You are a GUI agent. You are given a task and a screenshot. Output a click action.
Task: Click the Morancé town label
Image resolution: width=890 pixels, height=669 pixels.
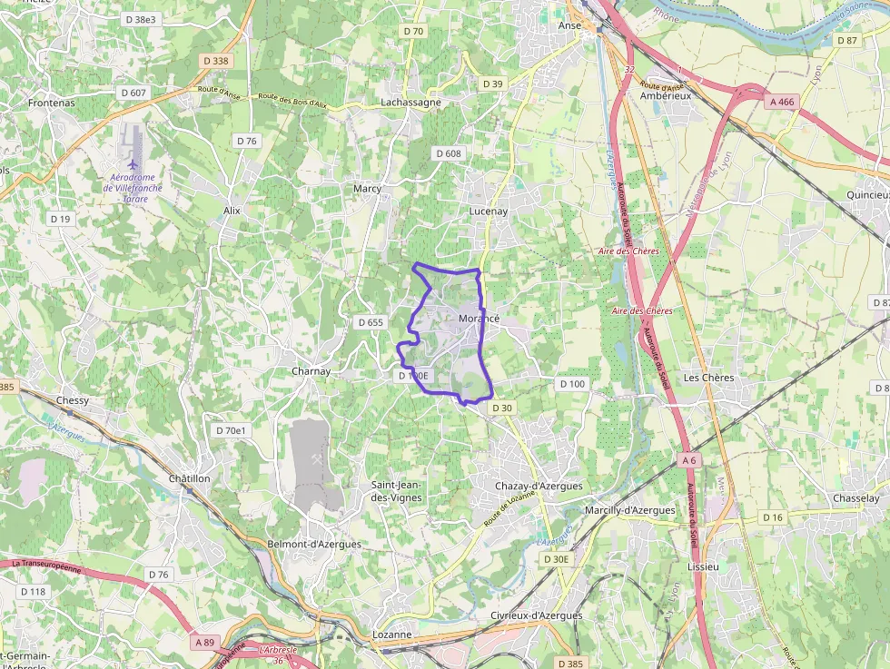point(479,319)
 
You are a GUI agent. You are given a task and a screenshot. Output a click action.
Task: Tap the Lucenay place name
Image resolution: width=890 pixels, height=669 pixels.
point(489,211)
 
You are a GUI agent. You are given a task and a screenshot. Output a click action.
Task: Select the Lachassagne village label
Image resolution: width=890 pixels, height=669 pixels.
point(410,103)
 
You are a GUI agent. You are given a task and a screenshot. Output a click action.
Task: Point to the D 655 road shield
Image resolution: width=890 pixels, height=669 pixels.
point(371,322)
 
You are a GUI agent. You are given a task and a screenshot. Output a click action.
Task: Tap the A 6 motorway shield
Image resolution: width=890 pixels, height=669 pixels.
point(689,461)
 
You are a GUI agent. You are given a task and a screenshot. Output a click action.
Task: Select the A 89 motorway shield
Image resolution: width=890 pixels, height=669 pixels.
point(205,642)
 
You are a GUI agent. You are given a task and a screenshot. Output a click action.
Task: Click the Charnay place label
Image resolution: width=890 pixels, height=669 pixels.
point(311,371)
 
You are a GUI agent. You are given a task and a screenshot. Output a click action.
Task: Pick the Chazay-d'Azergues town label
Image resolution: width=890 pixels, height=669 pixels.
point(539,487)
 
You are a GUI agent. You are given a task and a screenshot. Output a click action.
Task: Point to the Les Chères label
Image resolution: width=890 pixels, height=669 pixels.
point(707,378)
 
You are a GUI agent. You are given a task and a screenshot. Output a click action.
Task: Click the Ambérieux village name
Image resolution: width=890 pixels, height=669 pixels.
point(666,95)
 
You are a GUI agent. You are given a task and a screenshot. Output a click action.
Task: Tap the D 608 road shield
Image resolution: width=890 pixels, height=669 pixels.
point(448,153)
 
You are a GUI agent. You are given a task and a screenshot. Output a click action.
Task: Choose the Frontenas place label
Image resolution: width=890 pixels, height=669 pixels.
point(51,103)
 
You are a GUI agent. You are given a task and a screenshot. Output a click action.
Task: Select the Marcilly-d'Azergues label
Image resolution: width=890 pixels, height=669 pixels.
point(630,510)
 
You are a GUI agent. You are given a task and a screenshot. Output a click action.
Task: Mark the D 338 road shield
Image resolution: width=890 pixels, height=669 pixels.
point(214,61)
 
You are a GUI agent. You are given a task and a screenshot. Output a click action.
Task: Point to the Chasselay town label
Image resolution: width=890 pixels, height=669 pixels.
point(856,498)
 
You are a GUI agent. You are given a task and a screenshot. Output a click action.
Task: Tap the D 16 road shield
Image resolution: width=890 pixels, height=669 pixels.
point(772,517)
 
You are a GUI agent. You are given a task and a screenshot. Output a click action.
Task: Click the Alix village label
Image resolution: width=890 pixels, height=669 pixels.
point(232,210)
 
